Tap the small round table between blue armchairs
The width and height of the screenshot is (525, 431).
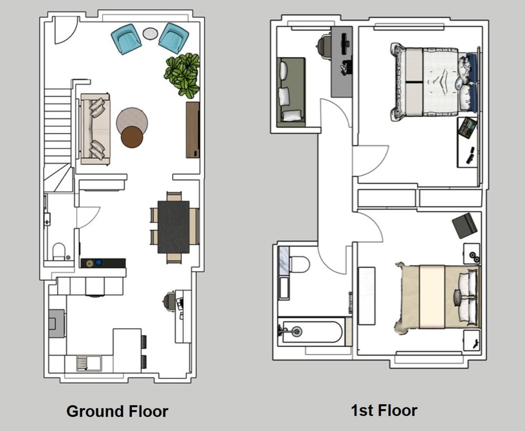(x=150, y=33)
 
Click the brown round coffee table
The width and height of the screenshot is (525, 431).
(x=132, y=136)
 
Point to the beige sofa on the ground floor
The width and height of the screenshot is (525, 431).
(x=94, y=129)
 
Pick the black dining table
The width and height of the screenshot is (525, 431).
(x=174, y=226)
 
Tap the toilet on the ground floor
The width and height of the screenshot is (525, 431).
(x=59, y=252)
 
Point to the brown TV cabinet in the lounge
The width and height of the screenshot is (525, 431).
(x=192, y=129)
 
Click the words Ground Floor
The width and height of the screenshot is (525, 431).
(x=117, y=411)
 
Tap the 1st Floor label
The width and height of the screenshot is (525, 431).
(x=384, y=410)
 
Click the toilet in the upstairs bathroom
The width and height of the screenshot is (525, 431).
(x=299, y=264)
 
